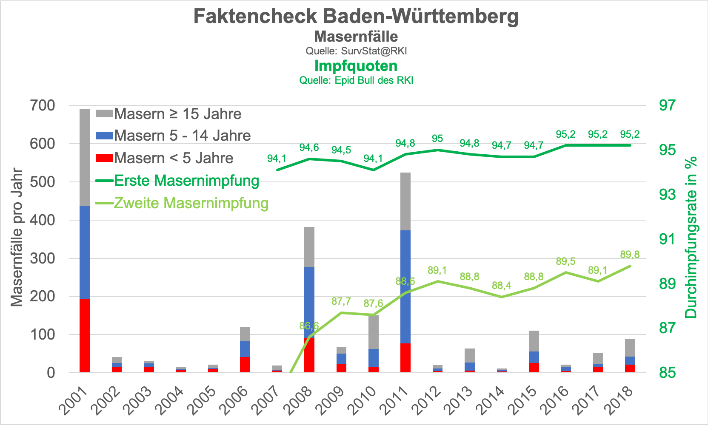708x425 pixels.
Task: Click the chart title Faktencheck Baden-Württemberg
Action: tap(356, 16)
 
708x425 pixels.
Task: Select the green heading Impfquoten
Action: tap(356, 66)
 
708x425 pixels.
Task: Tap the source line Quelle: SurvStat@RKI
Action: tap(356, 51)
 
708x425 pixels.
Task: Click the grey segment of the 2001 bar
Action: tap(85, 157)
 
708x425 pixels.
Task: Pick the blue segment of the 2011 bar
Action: tap(405, 286)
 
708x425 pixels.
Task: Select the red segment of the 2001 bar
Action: tap(85, 335)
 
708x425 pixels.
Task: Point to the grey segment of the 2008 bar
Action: tap(309, 246)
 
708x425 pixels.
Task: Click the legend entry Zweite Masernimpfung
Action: tap(191, 203)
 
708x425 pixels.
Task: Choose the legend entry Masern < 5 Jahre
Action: tap(174, 158)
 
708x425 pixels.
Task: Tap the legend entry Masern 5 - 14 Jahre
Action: tap(182, 136)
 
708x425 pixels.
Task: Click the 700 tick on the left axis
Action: tap(43, 105)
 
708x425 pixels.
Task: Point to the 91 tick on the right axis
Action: tap(667, 239)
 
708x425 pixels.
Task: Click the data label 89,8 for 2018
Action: tap(630, 255)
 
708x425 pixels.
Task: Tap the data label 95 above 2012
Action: tap(437, 139)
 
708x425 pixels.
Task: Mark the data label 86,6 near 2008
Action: tap(309, 326)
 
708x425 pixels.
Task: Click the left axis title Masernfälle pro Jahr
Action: tap(17, 237)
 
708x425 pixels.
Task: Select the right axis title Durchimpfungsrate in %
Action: tap(691, 237)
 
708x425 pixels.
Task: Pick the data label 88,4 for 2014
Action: tap(502, 286)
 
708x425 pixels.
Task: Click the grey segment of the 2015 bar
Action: tap(534, 341)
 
